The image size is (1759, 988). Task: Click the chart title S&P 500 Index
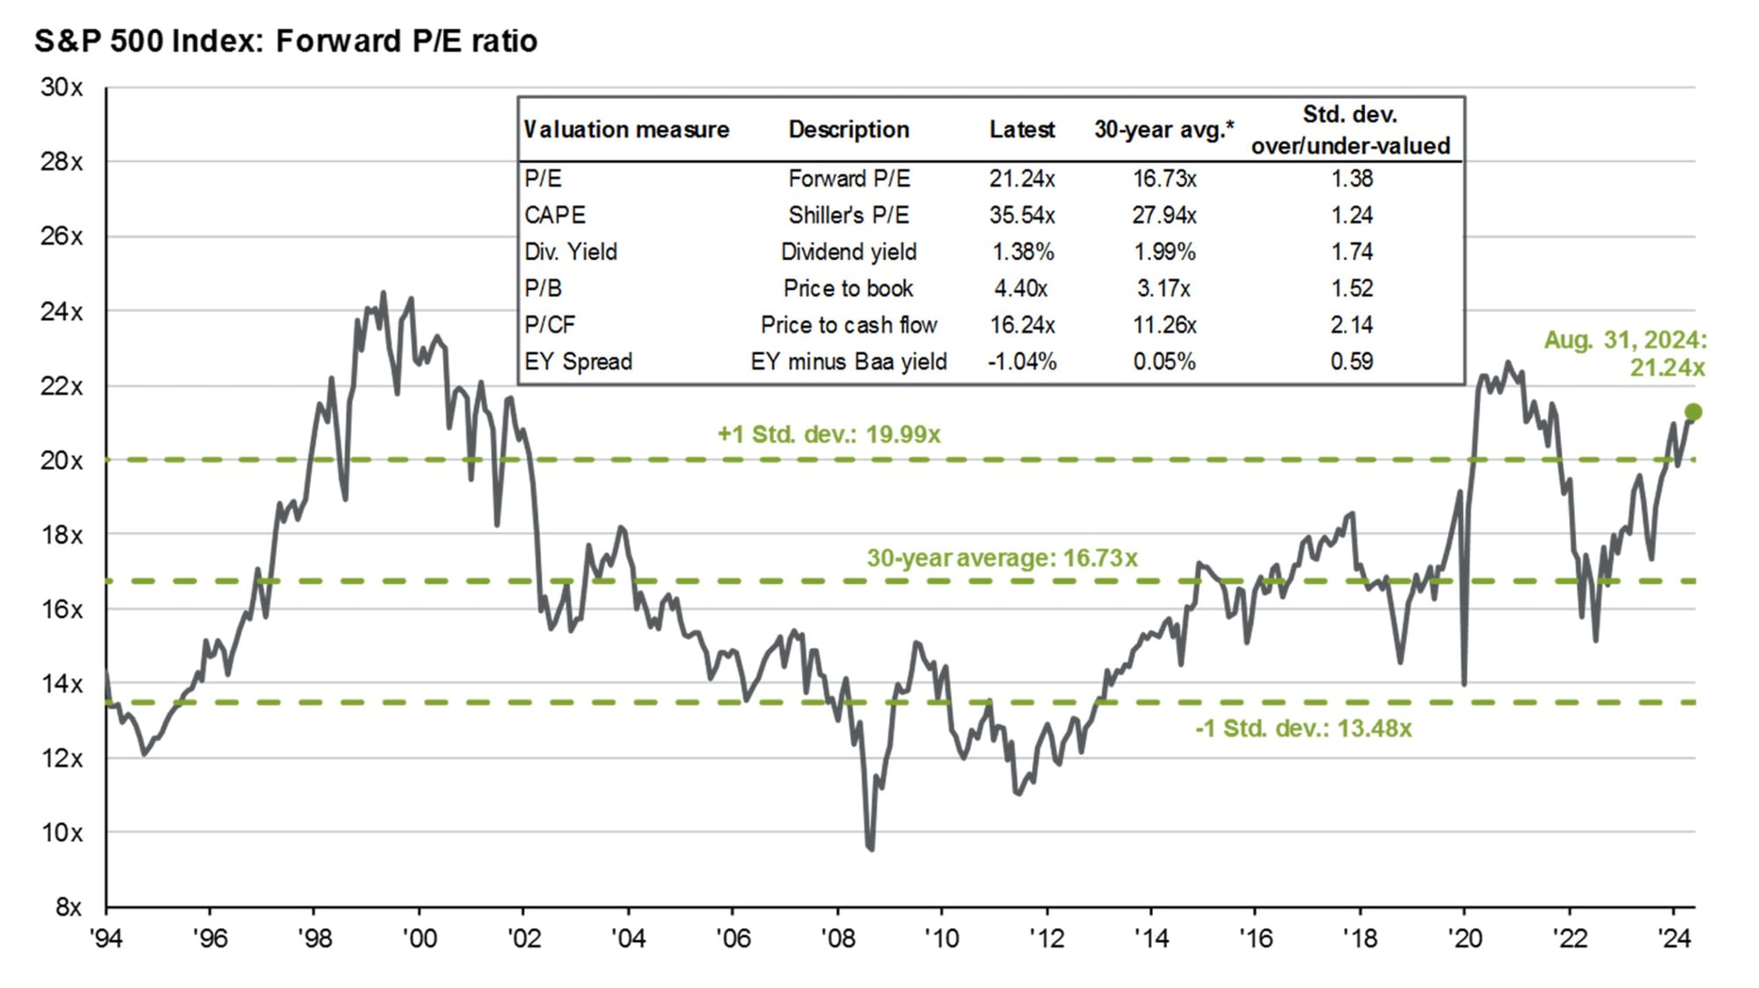(x=285, y=41)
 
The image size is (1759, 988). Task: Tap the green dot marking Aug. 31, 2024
(x=1693, y=411)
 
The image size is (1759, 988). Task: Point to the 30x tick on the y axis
(x=62, y=87)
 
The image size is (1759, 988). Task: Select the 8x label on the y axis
(x=68, y=906)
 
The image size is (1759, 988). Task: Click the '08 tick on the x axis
(x=837, y=938)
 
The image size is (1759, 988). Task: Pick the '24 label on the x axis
(x=1674, y=938)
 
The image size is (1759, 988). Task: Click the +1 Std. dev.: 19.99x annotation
(x=828, y=434)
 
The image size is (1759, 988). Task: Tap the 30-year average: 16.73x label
(x=1002, y=558)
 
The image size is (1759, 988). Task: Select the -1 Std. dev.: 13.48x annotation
(x=1303, y=728)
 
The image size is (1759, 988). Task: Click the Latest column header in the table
(x=1021, y=129)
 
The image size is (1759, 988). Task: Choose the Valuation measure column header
(x=626, y=129)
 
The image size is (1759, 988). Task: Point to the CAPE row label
(x=555, y=215)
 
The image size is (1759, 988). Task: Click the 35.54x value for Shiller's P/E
(x=1021, y=215)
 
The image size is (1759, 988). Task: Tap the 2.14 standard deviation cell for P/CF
(x=1351, y=325)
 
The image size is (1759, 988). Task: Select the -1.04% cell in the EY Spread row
(x=1021, y=361)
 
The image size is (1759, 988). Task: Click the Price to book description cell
(x=848, y=288)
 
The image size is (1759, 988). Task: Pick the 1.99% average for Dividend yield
(x=1164, y=252)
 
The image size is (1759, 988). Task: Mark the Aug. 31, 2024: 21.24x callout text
(x=1624, y=353)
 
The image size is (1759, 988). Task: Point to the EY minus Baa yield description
(x=848, y=361)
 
